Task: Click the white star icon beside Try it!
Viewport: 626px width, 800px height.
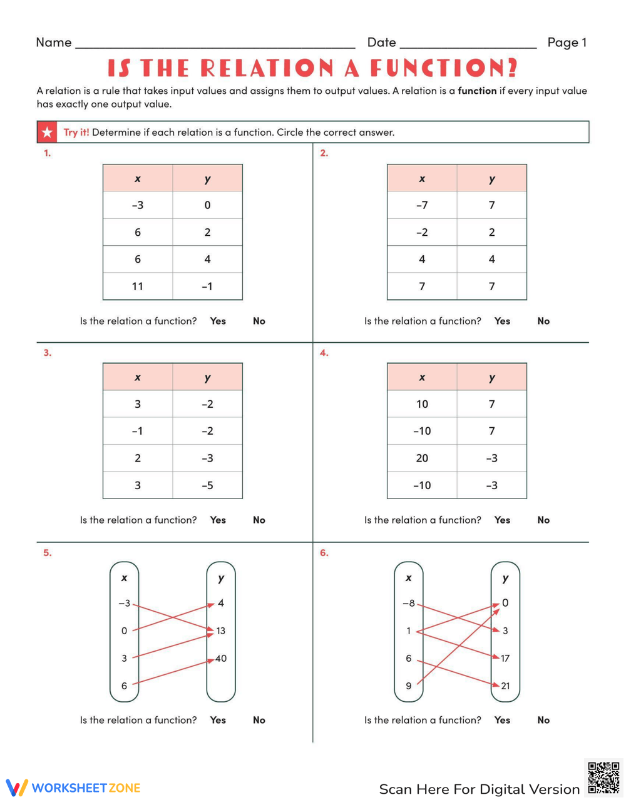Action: pos(48,132)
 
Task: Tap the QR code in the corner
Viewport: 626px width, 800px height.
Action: pos(603,777)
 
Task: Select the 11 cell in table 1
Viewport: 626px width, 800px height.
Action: pos(138,286)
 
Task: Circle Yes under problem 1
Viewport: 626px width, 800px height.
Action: pos(218,321)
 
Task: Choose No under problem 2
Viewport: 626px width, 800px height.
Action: pos(543,321)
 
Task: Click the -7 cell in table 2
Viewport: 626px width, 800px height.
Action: pos(422,205)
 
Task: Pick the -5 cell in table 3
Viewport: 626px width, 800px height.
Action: pos(207,485)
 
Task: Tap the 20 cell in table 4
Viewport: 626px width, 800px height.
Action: pos(422,458)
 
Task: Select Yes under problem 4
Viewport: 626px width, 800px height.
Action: pos(502,520)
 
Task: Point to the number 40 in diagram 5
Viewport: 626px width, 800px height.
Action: pos(221,659)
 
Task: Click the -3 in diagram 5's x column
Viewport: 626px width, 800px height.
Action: pos(124,604)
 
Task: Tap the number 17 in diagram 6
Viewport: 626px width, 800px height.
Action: pos(505,658)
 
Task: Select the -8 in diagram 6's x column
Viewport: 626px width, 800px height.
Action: pos(408,604)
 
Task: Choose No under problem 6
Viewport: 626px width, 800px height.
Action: pos(543,720)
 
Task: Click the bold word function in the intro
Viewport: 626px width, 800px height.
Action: pos(477,91)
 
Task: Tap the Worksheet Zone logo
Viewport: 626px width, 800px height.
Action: pos(73,787)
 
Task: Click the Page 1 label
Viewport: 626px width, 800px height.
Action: pos(567,43)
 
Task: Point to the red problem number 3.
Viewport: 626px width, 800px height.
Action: pos(47,353)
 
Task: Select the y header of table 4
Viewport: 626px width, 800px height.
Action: pos(492,377)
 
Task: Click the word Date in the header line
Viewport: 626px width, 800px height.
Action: pos(381,43)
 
